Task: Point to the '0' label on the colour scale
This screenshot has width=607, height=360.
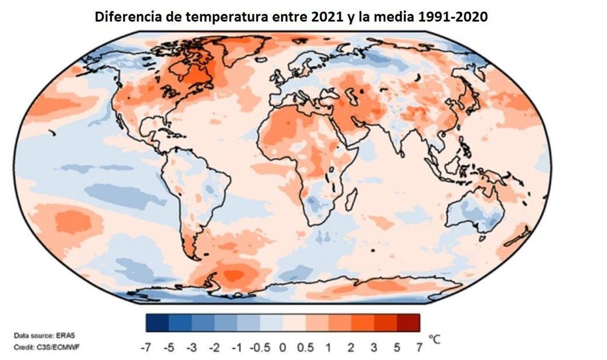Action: pyautogui.click(x=283, y=348)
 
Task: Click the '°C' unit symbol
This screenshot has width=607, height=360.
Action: pyautogui.click(x=433, y=339)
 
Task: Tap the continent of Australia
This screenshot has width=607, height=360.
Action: pyautogui.click(x=475, y=212)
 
